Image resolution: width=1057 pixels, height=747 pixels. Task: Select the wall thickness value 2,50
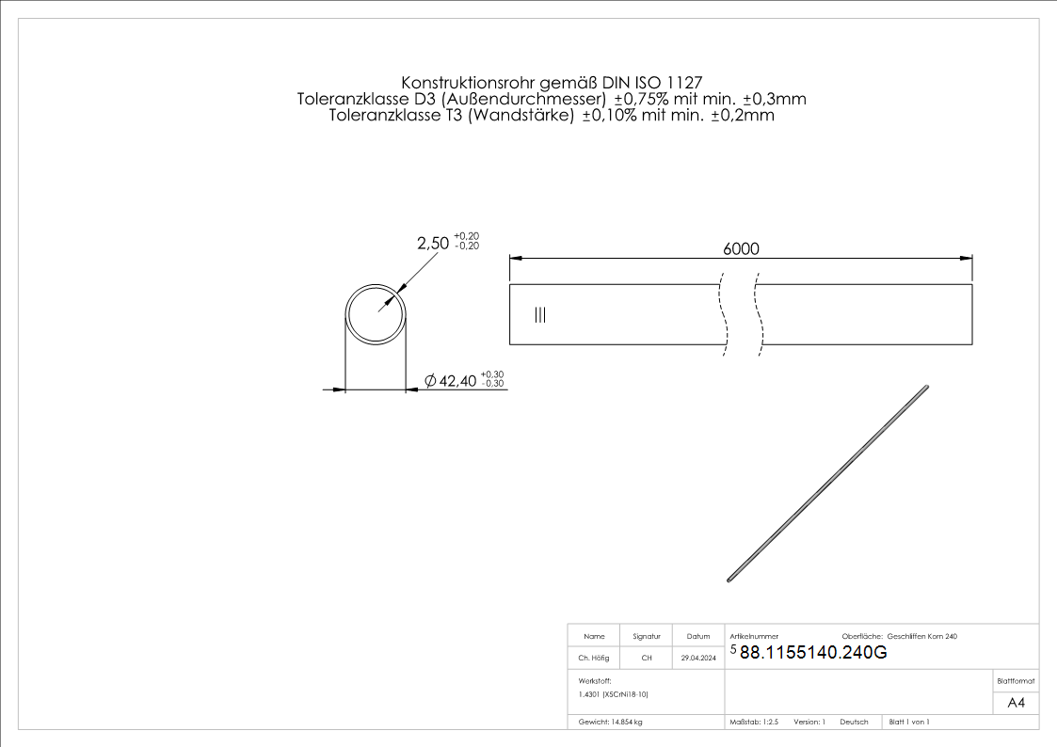tap(433, 243)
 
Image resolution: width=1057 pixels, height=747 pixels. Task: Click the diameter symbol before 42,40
tap(430, 380)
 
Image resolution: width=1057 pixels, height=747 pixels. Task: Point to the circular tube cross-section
tap(376, 312)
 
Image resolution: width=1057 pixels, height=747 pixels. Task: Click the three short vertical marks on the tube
tap(539, 315)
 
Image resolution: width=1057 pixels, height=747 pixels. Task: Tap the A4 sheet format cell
tap(1016, 703)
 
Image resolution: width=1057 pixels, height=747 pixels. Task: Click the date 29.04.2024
tap(698, 659)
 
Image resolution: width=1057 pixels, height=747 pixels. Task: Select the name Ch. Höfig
tap(593, 659)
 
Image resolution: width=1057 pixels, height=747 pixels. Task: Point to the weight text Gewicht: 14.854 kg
tap(611, 722)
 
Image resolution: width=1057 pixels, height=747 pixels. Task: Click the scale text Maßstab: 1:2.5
tap(754, 722)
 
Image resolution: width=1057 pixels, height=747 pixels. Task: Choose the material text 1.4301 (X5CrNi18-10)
tap(614, 694)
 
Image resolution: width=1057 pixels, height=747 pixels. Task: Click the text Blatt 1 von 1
tap(909, 722)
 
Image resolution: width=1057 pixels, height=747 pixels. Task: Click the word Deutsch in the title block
tap(854, 722)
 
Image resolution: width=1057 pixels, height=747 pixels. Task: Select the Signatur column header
tap(647, 637)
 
